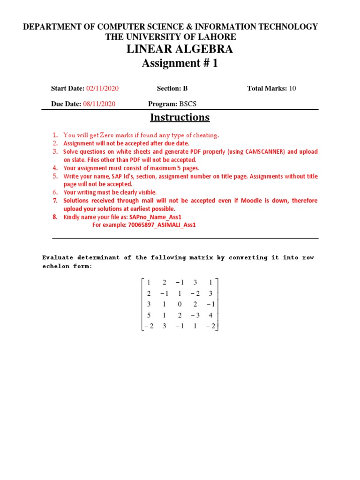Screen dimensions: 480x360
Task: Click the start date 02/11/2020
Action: click(102, 88)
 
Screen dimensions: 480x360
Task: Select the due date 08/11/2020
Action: click(99, 104)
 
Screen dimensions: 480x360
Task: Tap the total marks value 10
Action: click(292, 88)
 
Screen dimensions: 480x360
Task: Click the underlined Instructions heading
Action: click(180, 117)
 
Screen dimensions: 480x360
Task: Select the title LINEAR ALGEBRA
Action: click(180, 49)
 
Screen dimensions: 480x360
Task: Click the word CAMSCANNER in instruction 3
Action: click(268, 152)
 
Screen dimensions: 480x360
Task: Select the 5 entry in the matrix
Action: click(149, 315)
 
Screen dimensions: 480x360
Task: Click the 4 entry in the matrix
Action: click(211, 315)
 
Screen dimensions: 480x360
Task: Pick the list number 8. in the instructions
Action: click(55, 217)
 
